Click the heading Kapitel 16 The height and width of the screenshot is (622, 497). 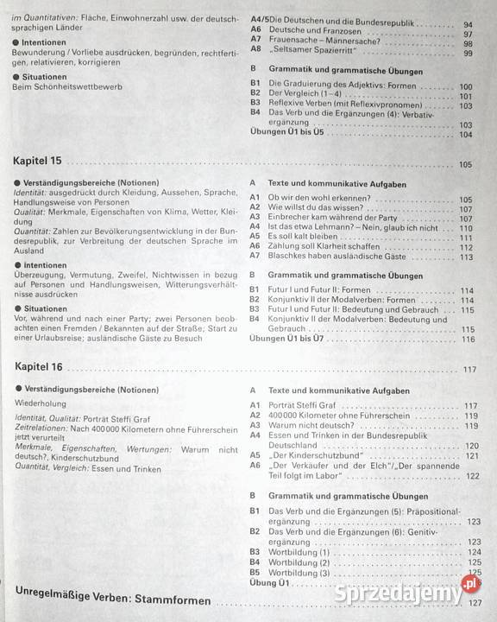click(39, 367)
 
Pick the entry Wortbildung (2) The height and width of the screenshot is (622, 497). click(299, 562)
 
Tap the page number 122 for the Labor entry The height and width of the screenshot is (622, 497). click(473, 476)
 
